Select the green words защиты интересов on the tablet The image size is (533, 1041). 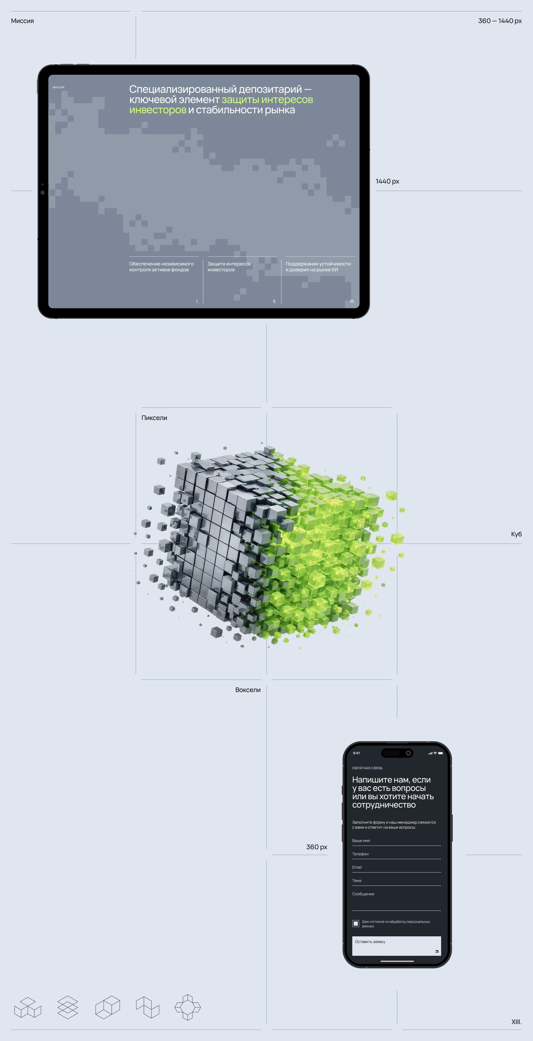tap(267, 100)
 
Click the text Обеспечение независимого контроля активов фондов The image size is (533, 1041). tap(161, 267)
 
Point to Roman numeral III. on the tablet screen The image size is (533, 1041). tap(352, 301)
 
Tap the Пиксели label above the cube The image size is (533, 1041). tap(154, 418)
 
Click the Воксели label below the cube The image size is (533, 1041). tap(248, 690)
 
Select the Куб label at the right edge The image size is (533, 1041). tap(516, 534)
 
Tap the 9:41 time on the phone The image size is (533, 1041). tap(356, 753)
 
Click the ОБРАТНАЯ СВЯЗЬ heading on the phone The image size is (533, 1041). tap(367, 768)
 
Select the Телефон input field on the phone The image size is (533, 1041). tap(396, 854)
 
